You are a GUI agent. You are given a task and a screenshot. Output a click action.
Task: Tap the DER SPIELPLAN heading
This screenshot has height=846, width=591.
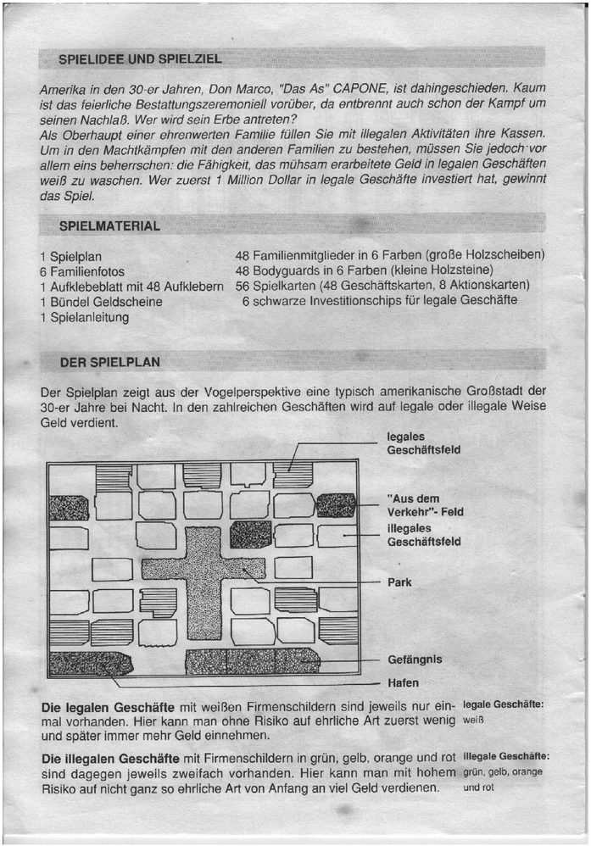pos(109,362)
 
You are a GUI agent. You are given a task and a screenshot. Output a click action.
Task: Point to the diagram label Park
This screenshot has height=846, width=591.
pos(399,582)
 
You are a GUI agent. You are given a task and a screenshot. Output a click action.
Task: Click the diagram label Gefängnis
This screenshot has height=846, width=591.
pos(415,659)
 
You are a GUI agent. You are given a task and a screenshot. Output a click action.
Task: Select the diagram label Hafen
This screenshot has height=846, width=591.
pos(403,682)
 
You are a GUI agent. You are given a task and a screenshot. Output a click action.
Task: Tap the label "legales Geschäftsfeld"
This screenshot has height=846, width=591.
pos(423,443)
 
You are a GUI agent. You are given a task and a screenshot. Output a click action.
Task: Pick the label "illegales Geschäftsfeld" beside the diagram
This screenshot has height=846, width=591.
pos(423,535)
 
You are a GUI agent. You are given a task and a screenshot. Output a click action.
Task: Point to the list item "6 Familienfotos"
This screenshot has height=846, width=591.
pos(82,271)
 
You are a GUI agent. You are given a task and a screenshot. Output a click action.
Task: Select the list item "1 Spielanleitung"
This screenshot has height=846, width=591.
pos(85,317)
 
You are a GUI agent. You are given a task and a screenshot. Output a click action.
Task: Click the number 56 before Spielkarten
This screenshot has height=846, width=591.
pos(243,287)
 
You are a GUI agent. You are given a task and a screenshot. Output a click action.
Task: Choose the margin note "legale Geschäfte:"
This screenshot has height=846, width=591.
pos(505,704)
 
